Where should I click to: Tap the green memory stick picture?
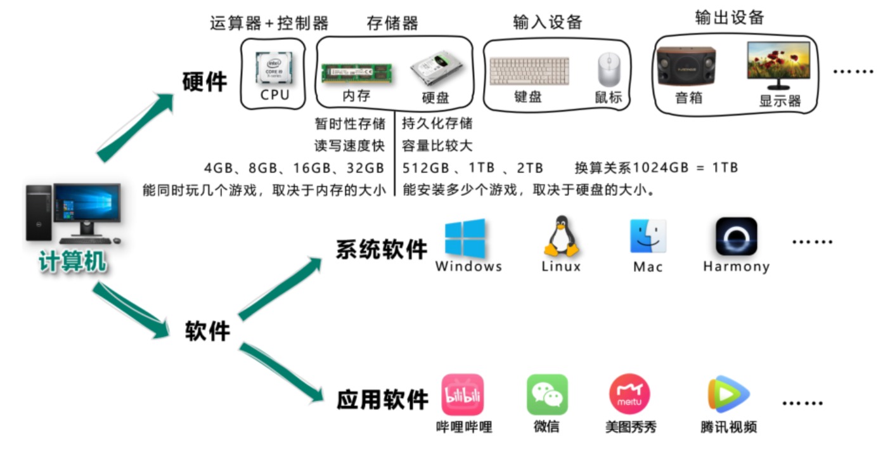356,73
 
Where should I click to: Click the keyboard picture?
529,71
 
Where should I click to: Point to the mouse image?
607,70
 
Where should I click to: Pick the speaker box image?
687,66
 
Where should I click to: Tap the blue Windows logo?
465,238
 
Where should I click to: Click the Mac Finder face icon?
648,236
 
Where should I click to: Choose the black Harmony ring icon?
736,236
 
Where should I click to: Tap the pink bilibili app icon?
463,394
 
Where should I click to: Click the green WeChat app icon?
547,394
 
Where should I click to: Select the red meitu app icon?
629,394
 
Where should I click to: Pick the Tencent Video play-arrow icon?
728,394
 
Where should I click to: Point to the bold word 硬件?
204,82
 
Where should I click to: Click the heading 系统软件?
382,249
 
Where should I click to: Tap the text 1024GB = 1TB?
686,168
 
